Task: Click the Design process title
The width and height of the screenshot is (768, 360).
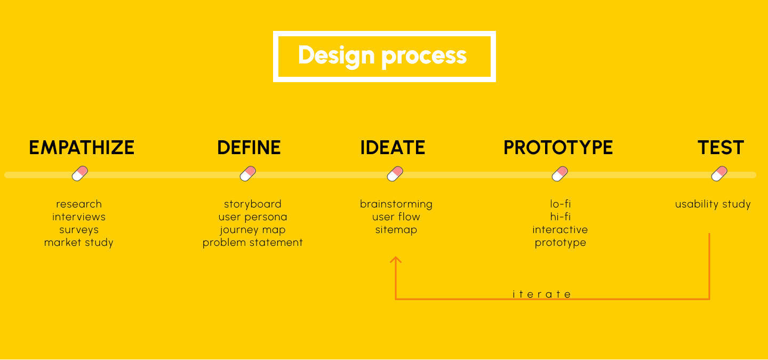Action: [x=382, y=56]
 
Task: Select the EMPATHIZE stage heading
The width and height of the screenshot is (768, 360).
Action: [x=82, y=148]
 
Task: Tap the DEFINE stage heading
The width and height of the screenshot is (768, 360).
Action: [x=249, y=148]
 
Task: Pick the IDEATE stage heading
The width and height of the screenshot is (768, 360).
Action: [x=393, y=148]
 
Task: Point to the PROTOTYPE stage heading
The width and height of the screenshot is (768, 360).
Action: [x=558, y=148]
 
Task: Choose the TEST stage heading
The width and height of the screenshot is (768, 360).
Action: [x=721, y=148]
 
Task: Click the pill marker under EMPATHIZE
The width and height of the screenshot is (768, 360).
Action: [x=80, y=173]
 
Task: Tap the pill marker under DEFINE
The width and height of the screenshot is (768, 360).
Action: [x=248, y=173]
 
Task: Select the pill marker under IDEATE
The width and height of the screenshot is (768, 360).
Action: [x=395, y=173]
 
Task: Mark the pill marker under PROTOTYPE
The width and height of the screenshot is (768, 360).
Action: [x=560, y=173]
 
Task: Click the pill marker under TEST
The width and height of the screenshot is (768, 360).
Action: [x=719, y=173]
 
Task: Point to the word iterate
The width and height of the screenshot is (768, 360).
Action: [x=542, y=294]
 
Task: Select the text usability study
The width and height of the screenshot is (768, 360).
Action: [x=713, y=204]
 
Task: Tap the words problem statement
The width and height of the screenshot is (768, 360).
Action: [x=253, y=243]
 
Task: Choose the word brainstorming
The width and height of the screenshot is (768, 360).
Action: [x=396, y=204]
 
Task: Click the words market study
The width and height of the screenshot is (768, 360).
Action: [x=79, y=243]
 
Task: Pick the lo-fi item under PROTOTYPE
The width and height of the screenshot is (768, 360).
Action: [x=560, y=204]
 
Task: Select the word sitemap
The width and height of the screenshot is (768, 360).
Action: [x=396, y=230]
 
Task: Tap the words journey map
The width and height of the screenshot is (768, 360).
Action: [x=253, y=230]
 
